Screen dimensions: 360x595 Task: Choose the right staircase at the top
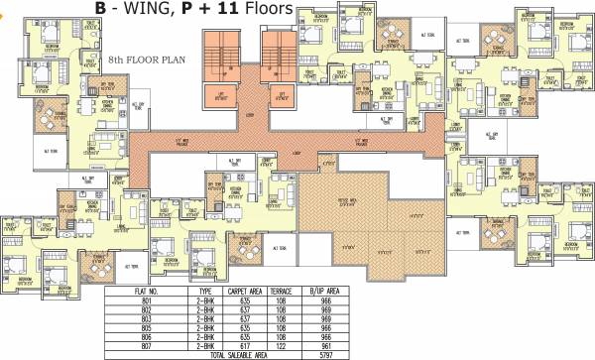[276, 56]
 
